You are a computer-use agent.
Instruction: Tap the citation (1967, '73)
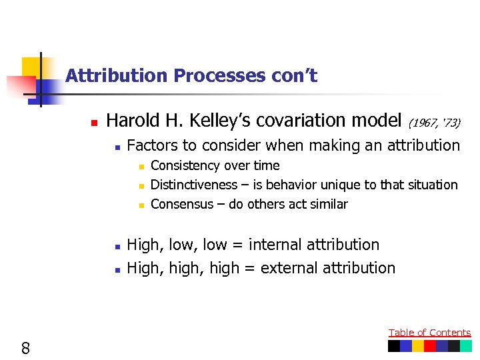[x=434, y=123]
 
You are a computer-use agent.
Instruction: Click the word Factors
[x=154, y=145]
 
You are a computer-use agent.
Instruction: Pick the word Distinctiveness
[x=194, y=185]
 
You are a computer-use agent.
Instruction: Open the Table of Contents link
[x=429, y=333]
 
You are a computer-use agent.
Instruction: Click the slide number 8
[x=25, y=347]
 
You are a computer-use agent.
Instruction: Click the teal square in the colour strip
[x=465, y=346]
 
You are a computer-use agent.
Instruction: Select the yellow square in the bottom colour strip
[x=418, y=346]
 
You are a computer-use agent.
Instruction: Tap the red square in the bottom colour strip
[x=430, y=346]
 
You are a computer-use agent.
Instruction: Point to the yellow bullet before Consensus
[x=141, y=205]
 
